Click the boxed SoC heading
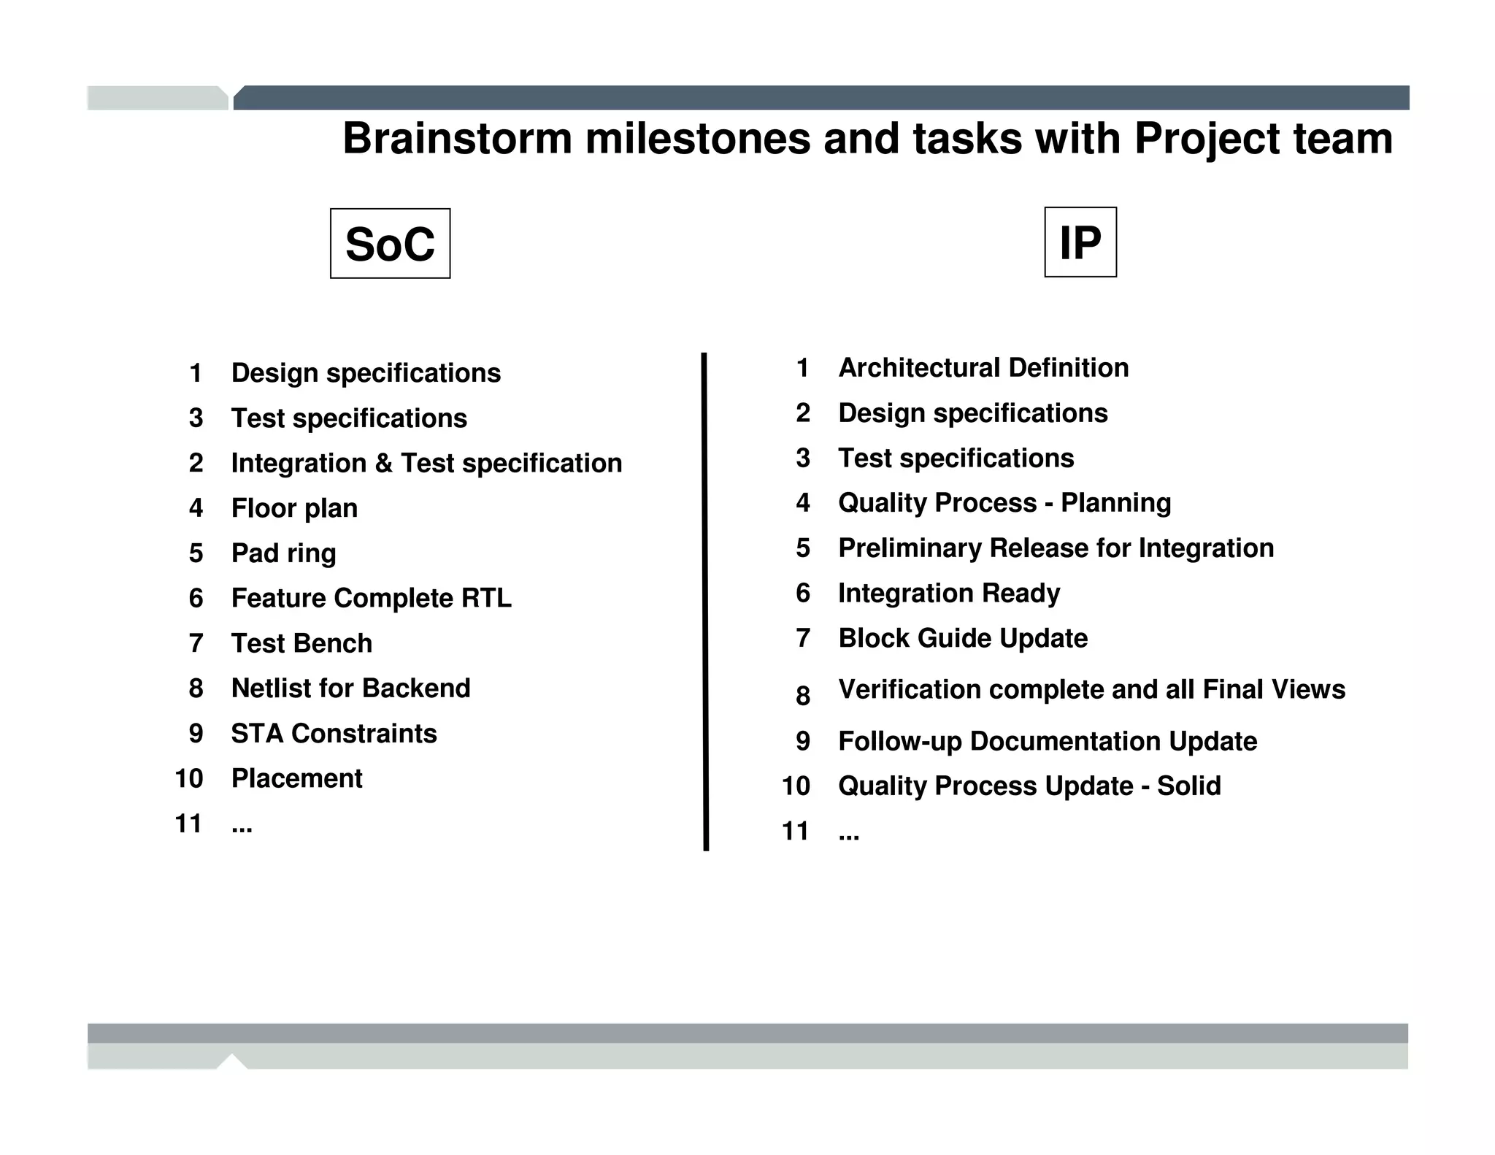click(x=390, y=244)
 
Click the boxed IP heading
click(x=1080, y=242)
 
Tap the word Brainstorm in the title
click(x=457, y=139)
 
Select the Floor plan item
click(x=294, y=508)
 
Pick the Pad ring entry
click(x=283, y=553)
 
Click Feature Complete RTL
click(x=371, y=598)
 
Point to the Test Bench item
click(x=301, y=643)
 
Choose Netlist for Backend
click(x=350, y=688)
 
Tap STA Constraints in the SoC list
click(x=334, y=734)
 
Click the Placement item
click(x=296, y=778)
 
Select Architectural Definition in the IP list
click(x=983, y=368)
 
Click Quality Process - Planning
click(x=1004, y=503)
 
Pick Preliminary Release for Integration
click(x=1056, y=548)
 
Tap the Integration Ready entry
click(x=949, y=593)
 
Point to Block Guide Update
click(x=963, y=638)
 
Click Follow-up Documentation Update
click(x=1048, y=741)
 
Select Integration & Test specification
click(x=426, y=464)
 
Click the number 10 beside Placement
click(x=188, y=779)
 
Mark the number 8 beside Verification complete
click(x=803, y=696)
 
